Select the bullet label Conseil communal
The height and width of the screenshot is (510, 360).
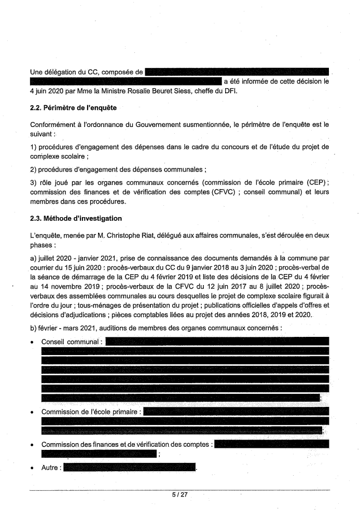[x=72, y=341]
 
